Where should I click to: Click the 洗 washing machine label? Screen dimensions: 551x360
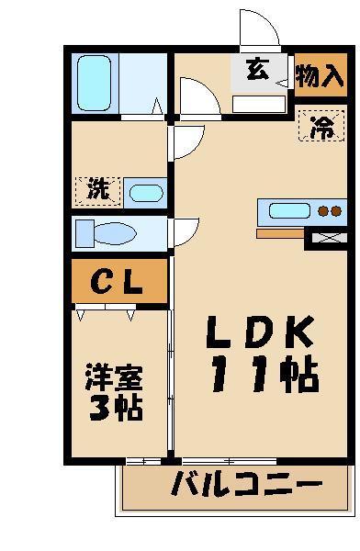97,190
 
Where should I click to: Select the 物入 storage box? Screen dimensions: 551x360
321,73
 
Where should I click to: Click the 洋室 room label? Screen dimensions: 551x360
115,377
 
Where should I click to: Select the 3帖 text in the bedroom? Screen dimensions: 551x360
116,407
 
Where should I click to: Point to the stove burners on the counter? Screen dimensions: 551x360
329,211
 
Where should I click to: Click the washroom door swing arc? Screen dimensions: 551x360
188,140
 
